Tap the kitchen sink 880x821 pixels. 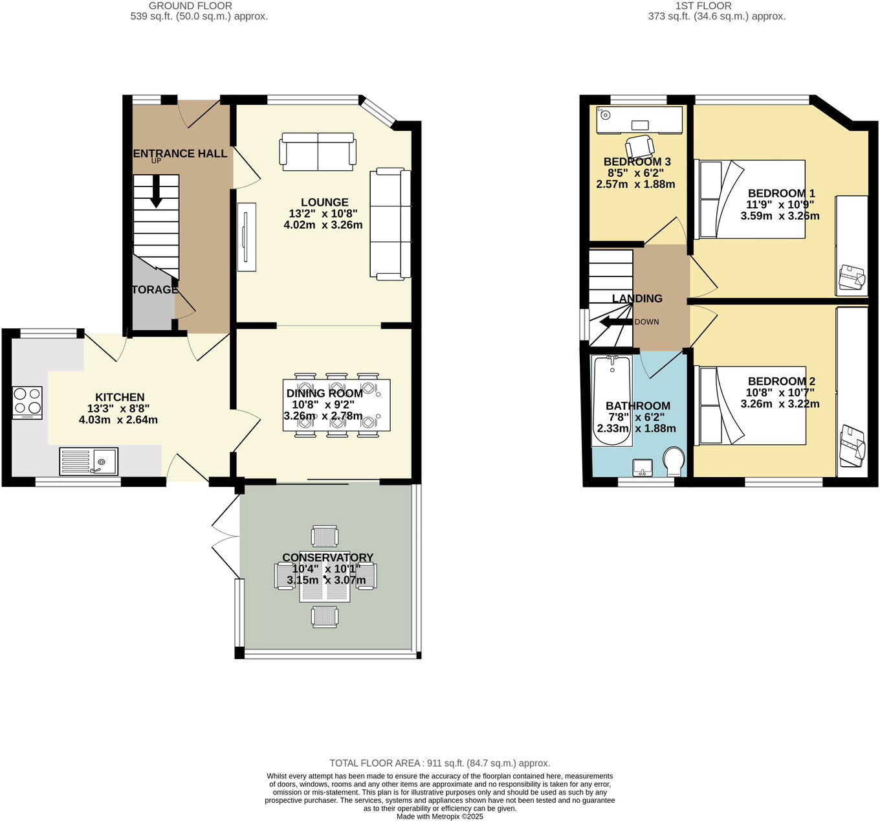point(88,461)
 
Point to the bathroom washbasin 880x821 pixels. point(644,467)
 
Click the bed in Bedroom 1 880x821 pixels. point(750,199)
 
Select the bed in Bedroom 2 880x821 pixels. point(750,406)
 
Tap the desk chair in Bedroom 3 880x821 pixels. point(639,146)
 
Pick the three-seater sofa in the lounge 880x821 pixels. point(390,224)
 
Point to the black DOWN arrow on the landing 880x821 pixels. point(615,322)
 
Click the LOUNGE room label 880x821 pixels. point(324,202)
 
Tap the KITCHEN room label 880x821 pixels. point(120,397)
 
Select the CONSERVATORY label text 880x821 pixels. point(327,557)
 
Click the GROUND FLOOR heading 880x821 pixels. point(190,6)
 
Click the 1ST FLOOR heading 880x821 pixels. point(703,6)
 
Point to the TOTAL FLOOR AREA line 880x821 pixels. point(439,763)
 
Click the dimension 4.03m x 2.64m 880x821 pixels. point(118,420)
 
